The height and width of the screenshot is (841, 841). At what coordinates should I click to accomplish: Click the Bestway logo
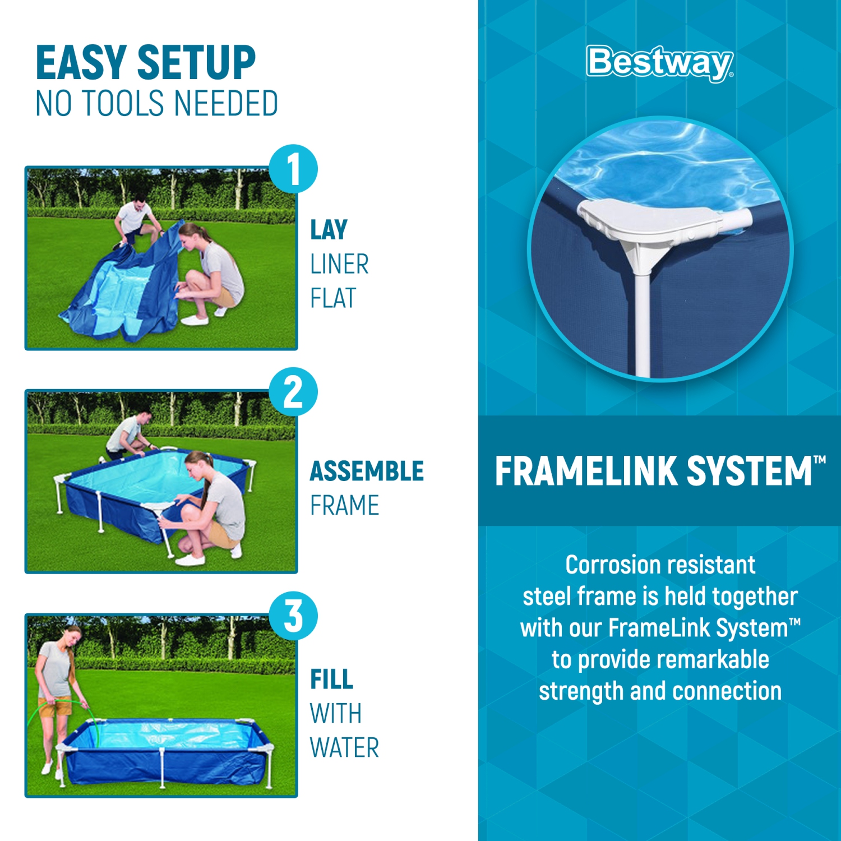659,63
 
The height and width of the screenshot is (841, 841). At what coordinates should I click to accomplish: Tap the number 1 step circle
293,169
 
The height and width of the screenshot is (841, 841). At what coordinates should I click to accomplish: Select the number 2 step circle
293,392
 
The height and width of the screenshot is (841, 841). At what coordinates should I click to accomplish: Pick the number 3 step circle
293,616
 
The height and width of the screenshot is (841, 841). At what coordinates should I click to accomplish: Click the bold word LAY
329,230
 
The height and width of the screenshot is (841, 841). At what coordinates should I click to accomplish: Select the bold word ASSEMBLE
367,471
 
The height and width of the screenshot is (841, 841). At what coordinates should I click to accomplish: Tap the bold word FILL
331,680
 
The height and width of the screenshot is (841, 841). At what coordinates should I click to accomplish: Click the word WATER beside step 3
344,748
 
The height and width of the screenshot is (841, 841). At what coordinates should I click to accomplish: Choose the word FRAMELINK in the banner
585,471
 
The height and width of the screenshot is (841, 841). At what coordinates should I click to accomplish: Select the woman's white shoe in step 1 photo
195,320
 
